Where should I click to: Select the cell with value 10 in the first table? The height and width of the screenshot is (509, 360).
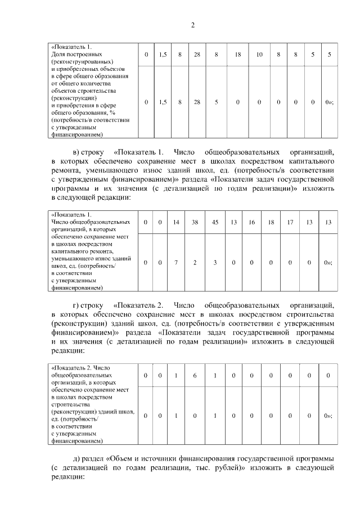coord(259,55)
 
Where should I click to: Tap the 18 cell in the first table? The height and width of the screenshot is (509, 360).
coord(238,55)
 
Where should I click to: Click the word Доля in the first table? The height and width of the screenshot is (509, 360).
coord(57,55)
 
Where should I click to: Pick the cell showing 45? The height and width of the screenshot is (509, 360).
coord(215,222)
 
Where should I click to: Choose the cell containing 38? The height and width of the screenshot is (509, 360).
coord(195,222)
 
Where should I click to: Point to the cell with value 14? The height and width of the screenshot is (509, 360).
coord(176,222)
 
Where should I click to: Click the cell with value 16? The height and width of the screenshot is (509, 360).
coord(251,222)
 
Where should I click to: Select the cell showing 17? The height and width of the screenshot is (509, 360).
coord(290,222)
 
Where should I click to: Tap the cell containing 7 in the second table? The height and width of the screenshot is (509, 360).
coord(176,263)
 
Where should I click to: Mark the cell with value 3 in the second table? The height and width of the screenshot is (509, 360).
coord(215,263)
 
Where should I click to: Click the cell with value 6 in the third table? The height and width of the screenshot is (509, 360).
coord(195,375)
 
